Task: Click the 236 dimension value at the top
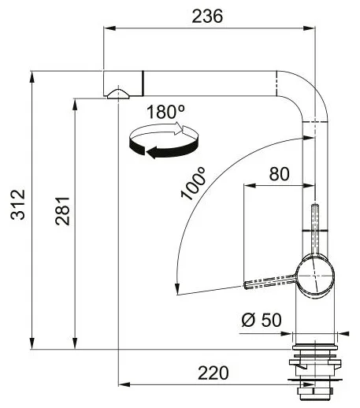[x=207, y=16]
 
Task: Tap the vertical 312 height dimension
[x=18, y=204]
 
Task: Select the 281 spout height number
[x=63, y=211]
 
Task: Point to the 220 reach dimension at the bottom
[x=213, y=373]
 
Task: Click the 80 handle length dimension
[x=279, y=174]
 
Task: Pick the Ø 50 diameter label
[x=262, y=320]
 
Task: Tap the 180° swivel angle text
[x=165, y=112]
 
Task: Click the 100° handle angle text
[x=194, y=184]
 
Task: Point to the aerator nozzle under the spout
[x=118, y=95]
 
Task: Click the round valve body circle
[x=315, y=276]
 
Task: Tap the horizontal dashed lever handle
[x=270, y=282]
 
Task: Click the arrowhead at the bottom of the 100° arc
[x=177, y=290]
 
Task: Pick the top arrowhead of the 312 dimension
[x=32, y=77]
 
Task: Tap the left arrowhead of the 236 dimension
[x=110, y=28]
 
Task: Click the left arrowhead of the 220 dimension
[x=124, y=384]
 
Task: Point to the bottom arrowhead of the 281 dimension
[x=75, y=343]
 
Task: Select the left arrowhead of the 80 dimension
[x=250, y=186]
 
